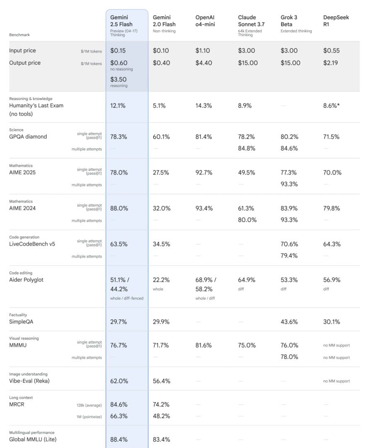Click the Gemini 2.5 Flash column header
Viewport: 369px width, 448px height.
pyautogui.click(x=121, y=21)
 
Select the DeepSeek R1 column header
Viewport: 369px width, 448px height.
pyautogui.click(x=336, y=21)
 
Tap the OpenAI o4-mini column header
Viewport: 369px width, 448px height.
pyautogui.click(x=205, y=21)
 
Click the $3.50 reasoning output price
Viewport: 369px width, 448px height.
pyautogui.click(x=119, y=80)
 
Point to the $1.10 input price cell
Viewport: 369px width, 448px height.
pyautogui.click(x=203, y=51)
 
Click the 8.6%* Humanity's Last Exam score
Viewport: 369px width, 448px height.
pyautogui.click(x=332, y=106)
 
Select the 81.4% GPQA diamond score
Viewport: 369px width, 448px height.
pyautogui.click(x=204, y=136)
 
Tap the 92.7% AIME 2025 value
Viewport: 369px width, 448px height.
pyautogui.click(x=204, y=173)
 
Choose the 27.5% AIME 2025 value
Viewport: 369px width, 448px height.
pyautogui.click(x=161, y=173)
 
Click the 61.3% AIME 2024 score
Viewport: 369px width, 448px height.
pyautogui.click(x=246, y=208)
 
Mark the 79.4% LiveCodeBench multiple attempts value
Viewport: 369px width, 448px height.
pyautogui.click(x=289, y=256)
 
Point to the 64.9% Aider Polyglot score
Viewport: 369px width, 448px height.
pyautogui.click(x=246, y=280)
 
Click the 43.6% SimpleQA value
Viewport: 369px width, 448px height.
pyautogui.click(x=289, y=321)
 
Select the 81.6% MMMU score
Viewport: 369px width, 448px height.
pyautogui.click(x=204, y=345)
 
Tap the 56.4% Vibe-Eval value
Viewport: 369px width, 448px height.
pyautogui.click(x=161, y=381)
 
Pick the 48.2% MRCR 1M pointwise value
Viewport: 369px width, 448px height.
pyautogui.click(x=161, y=416)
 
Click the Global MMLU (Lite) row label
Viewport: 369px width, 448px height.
pyautogui.click(x=33, y=439)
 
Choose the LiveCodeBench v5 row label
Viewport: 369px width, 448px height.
pyautogui.click(x=32, y=244)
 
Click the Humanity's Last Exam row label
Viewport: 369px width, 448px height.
pyautogui.click(x=36, y=105)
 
